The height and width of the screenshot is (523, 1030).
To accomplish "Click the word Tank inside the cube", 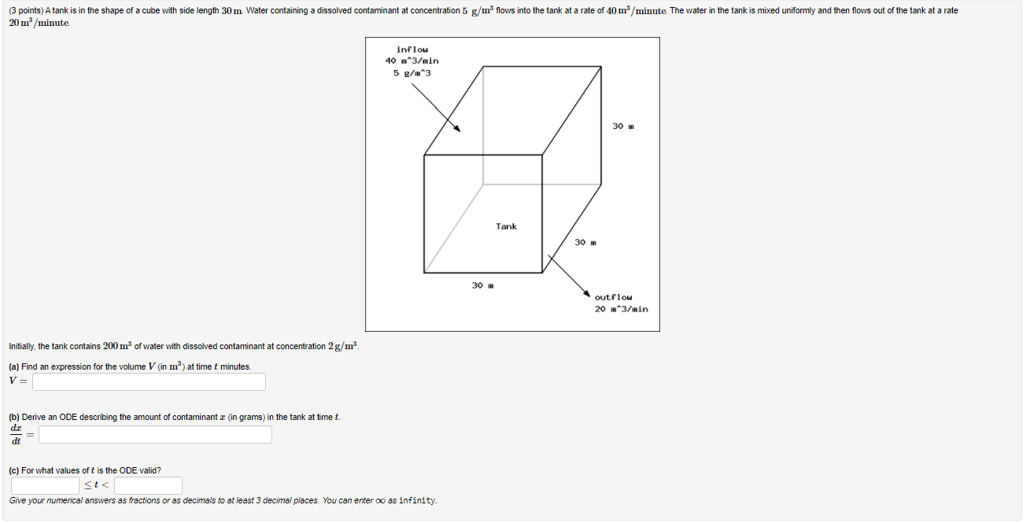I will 506,227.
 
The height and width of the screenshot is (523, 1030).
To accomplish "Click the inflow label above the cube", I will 412,49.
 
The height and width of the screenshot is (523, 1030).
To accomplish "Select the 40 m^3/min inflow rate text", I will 412,61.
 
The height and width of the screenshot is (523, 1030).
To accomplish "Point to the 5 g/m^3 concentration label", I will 412,73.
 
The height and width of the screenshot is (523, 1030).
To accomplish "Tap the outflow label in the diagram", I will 613,297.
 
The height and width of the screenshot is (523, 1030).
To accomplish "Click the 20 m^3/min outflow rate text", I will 621,309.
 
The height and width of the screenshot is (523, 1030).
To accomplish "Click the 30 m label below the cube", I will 482,285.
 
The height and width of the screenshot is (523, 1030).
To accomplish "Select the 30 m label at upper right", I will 622,126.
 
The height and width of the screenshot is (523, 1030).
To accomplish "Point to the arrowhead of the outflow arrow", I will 586,293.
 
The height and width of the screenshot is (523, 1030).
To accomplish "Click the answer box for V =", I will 149,381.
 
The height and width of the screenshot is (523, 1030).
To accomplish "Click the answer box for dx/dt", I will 155,434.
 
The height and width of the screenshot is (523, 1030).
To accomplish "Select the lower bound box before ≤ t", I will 45,485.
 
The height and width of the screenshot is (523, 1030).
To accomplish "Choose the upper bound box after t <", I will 148,485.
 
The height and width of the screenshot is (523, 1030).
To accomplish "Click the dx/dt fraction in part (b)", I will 15,434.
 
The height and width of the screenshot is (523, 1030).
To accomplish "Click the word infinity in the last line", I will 418,501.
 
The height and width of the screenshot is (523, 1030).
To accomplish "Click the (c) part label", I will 14,470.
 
